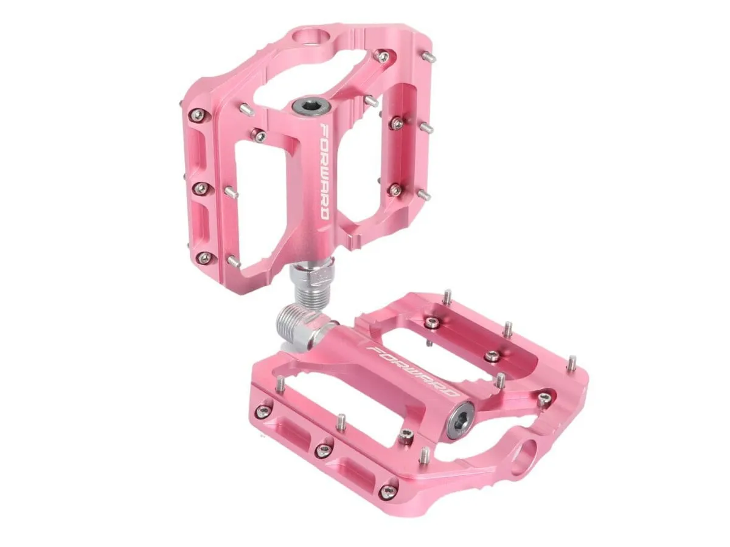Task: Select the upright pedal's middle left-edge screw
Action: point(201,188)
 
